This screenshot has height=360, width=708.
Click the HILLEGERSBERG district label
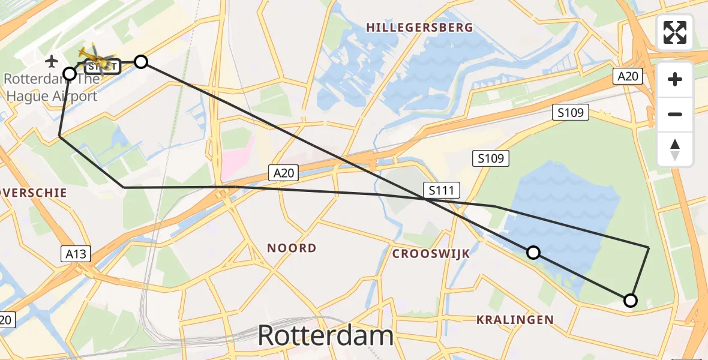[419, 28]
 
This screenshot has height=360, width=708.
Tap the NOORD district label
[292, 248]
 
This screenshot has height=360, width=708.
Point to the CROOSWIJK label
[431, 254]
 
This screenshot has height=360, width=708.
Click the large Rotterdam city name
[326, 336]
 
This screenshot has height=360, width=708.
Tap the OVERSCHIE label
[33, 193]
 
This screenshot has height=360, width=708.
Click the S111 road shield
[441, 191]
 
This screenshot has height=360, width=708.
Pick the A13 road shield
[76, 254]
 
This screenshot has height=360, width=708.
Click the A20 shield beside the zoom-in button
[628, 76]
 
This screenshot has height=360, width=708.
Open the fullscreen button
[675, 32]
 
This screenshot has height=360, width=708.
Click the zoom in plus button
[675, 79]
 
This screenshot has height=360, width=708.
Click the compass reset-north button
[675, 149]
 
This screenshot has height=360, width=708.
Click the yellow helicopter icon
[96, 58]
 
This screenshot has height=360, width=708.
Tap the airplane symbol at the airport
[52, 61]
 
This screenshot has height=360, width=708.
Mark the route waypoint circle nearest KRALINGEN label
[630, 301]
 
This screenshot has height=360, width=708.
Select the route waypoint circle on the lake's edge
[533, 253]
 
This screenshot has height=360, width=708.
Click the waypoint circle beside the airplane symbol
[70, 74]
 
